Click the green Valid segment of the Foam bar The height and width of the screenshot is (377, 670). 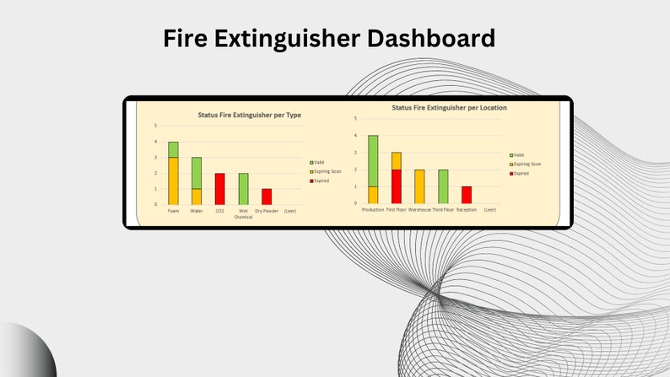tap(173, 149)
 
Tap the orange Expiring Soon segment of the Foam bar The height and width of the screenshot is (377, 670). tap(173, 180)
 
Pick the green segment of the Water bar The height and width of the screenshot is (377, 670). tap(197, 173)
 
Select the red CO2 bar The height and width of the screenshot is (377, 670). tap(219, 189)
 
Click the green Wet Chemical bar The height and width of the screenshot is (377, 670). tap(243, 189)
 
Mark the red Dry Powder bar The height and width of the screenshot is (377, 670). tap(267, 197)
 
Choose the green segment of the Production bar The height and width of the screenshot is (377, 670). tap(373, 160)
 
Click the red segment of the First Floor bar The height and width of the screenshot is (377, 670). tap(397, 186)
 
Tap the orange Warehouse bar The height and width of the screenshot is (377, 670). tap(419, 186)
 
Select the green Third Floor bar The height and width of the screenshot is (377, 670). tap(443, 186)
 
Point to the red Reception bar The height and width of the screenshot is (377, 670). tap(467, 195)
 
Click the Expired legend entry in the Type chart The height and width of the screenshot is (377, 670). tap(320, 180)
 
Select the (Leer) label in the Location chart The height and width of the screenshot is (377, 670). tap(489, 209)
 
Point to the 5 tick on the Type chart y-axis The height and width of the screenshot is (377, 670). tap(155, 126)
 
